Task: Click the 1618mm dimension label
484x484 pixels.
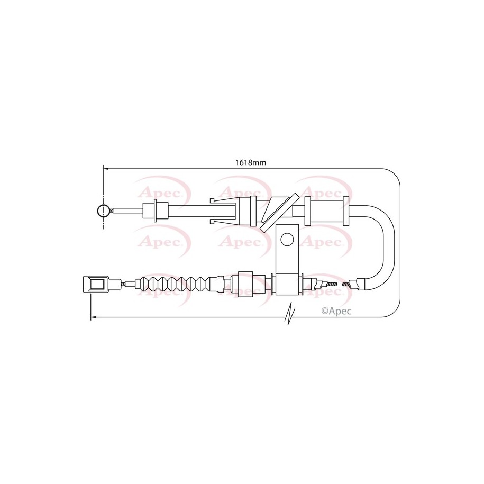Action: (x=251, y=162)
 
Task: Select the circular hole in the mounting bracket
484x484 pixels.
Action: (x=287, y=239)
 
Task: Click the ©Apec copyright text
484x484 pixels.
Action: (x=336, y=311)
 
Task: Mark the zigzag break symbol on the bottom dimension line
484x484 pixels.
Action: (x=290, y=313)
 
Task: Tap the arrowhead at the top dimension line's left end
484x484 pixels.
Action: (x=106, y=169)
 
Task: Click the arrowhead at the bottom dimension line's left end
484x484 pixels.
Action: (x=93, y=317)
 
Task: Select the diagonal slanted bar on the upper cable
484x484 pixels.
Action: (x=280, y=213)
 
